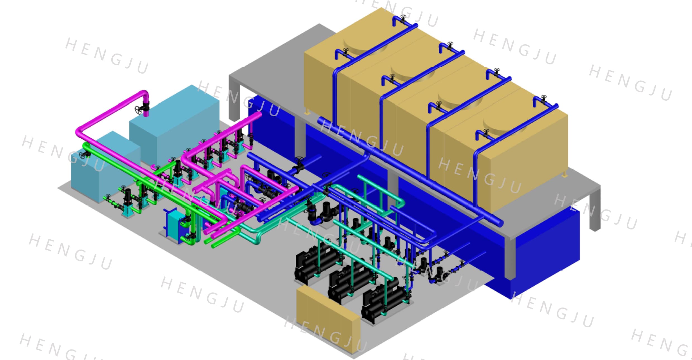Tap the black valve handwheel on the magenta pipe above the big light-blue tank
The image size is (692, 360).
(139, 109)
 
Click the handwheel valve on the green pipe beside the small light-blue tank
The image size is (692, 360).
(83, 155)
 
